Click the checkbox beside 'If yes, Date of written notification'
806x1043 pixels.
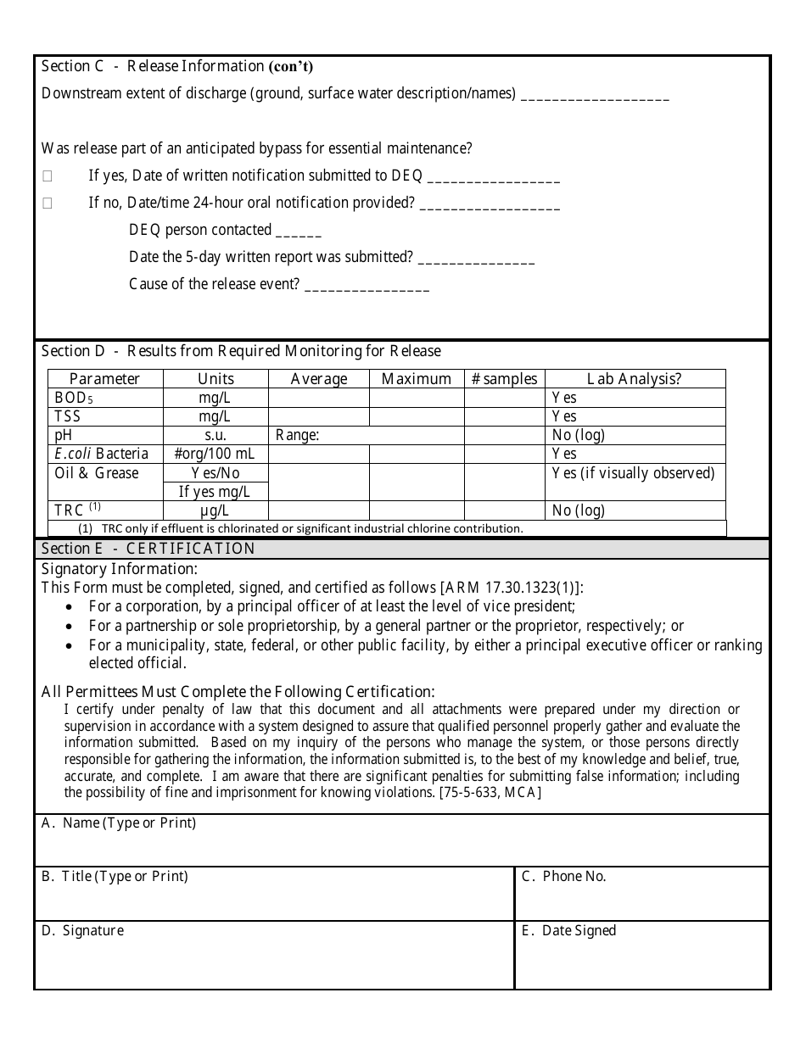[48, 176]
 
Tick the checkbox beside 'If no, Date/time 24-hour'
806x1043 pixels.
[48, 204]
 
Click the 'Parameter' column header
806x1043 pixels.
[104, 379]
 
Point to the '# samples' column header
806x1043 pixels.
[504, 379]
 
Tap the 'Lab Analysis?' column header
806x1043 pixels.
[635, 379]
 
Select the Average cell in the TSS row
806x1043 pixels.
[318, 416]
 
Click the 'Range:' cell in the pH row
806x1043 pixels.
[297, 435]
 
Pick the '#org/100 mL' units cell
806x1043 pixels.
[215, 454]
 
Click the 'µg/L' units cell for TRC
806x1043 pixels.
[215, 510]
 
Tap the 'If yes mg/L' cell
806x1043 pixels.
[215, 491]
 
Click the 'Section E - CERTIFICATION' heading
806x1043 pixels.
[148, 549]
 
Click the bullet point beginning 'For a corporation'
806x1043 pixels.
[332, 606]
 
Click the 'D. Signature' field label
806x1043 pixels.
[82, 931]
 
